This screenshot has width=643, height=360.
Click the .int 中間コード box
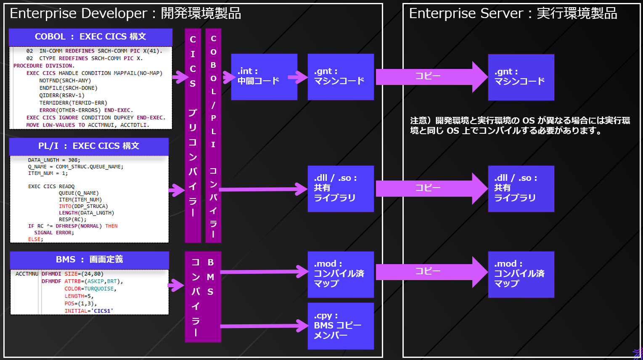click(264, 77)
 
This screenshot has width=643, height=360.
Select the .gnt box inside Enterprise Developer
click(341, 77)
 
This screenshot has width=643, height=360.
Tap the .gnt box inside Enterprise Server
click(521, 77)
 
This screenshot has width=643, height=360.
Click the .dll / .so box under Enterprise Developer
click(341, 188)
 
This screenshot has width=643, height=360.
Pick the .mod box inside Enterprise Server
click(521, 274)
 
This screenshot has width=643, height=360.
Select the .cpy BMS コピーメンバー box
click(341, 326)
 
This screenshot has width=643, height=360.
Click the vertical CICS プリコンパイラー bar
click(193, 135)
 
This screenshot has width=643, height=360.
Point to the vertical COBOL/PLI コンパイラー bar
click(213, 135)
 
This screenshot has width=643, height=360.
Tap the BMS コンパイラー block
click(203, 297)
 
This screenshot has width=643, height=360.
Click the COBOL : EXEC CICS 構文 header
click(90, 37)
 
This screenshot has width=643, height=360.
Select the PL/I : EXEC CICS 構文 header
click(89, 146)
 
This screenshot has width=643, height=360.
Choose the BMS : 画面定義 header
click(89, 260)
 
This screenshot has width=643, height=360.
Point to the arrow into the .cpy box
click(265, 326)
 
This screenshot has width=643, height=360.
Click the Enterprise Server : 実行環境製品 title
click(513, 13)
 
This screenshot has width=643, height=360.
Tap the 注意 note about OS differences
click(520, 126)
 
